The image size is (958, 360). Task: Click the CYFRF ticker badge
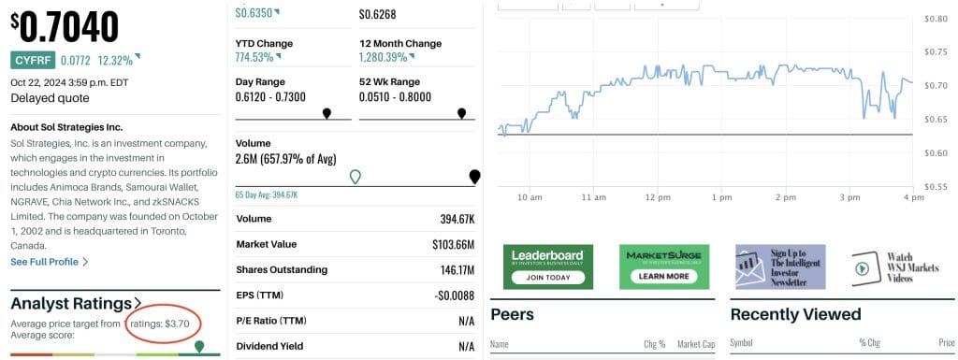[x=32, y=60]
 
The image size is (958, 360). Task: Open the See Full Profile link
[x=50, y=262]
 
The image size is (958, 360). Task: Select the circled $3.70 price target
[x=177, y=324]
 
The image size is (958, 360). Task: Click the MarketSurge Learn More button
[x=664, y=277]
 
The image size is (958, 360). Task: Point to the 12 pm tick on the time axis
[x=657, y=197]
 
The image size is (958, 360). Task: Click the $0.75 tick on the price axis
[x=936, y=51]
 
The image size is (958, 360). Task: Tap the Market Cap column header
[x=696, y=343]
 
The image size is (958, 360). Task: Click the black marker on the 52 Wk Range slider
[x=461, y=113]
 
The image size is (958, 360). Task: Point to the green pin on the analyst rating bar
[x=198, y=347]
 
